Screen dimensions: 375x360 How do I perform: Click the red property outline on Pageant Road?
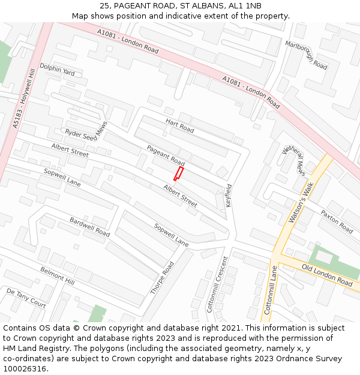pyautogui.click(x=178, y=173)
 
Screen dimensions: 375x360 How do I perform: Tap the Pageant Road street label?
pyautogui.click(x=166, y=155)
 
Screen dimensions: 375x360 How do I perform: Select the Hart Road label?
pyautogui.click(x=180, y=125)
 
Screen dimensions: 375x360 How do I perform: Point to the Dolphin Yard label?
pyautogui.click(x=57, y=70)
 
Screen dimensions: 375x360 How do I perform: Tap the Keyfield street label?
pyautogui.click(x=229, y=196)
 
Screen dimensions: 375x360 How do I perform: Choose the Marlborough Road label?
pyautogui.click(x=306, y=55)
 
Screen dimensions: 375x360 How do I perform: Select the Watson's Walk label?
pyautogui.click(x=301, y=203)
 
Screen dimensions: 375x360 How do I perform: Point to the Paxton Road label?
pyautogui.click(x=337, y=221)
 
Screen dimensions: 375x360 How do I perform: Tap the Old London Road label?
pyautogui.click(x=327, y=275)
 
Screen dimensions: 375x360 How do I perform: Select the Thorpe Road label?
pyautogui.click(x=162, y=278)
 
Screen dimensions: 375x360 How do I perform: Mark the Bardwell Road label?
pyautogui.click(x=89, y=226)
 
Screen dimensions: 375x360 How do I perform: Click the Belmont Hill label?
pyautogui.click(x=57, y=277)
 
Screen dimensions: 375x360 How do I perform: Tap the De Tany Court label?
pyautogui.click(x=26, y=298)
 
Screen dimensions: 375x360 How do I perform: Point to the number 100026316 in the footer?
pyautogui.click(x=25, y=368)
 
